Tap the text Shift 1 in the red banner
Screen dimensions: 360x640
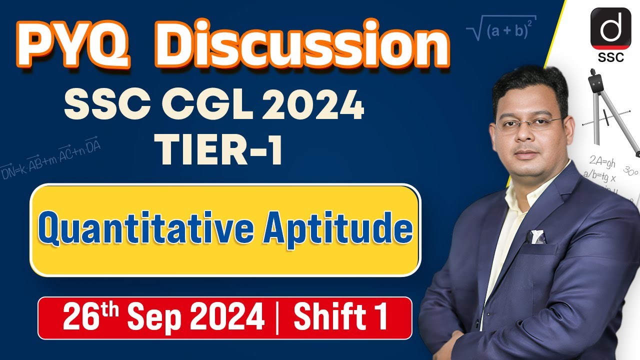pos(340,317)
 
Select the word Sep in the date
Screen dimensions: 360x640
pos(160,317)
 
